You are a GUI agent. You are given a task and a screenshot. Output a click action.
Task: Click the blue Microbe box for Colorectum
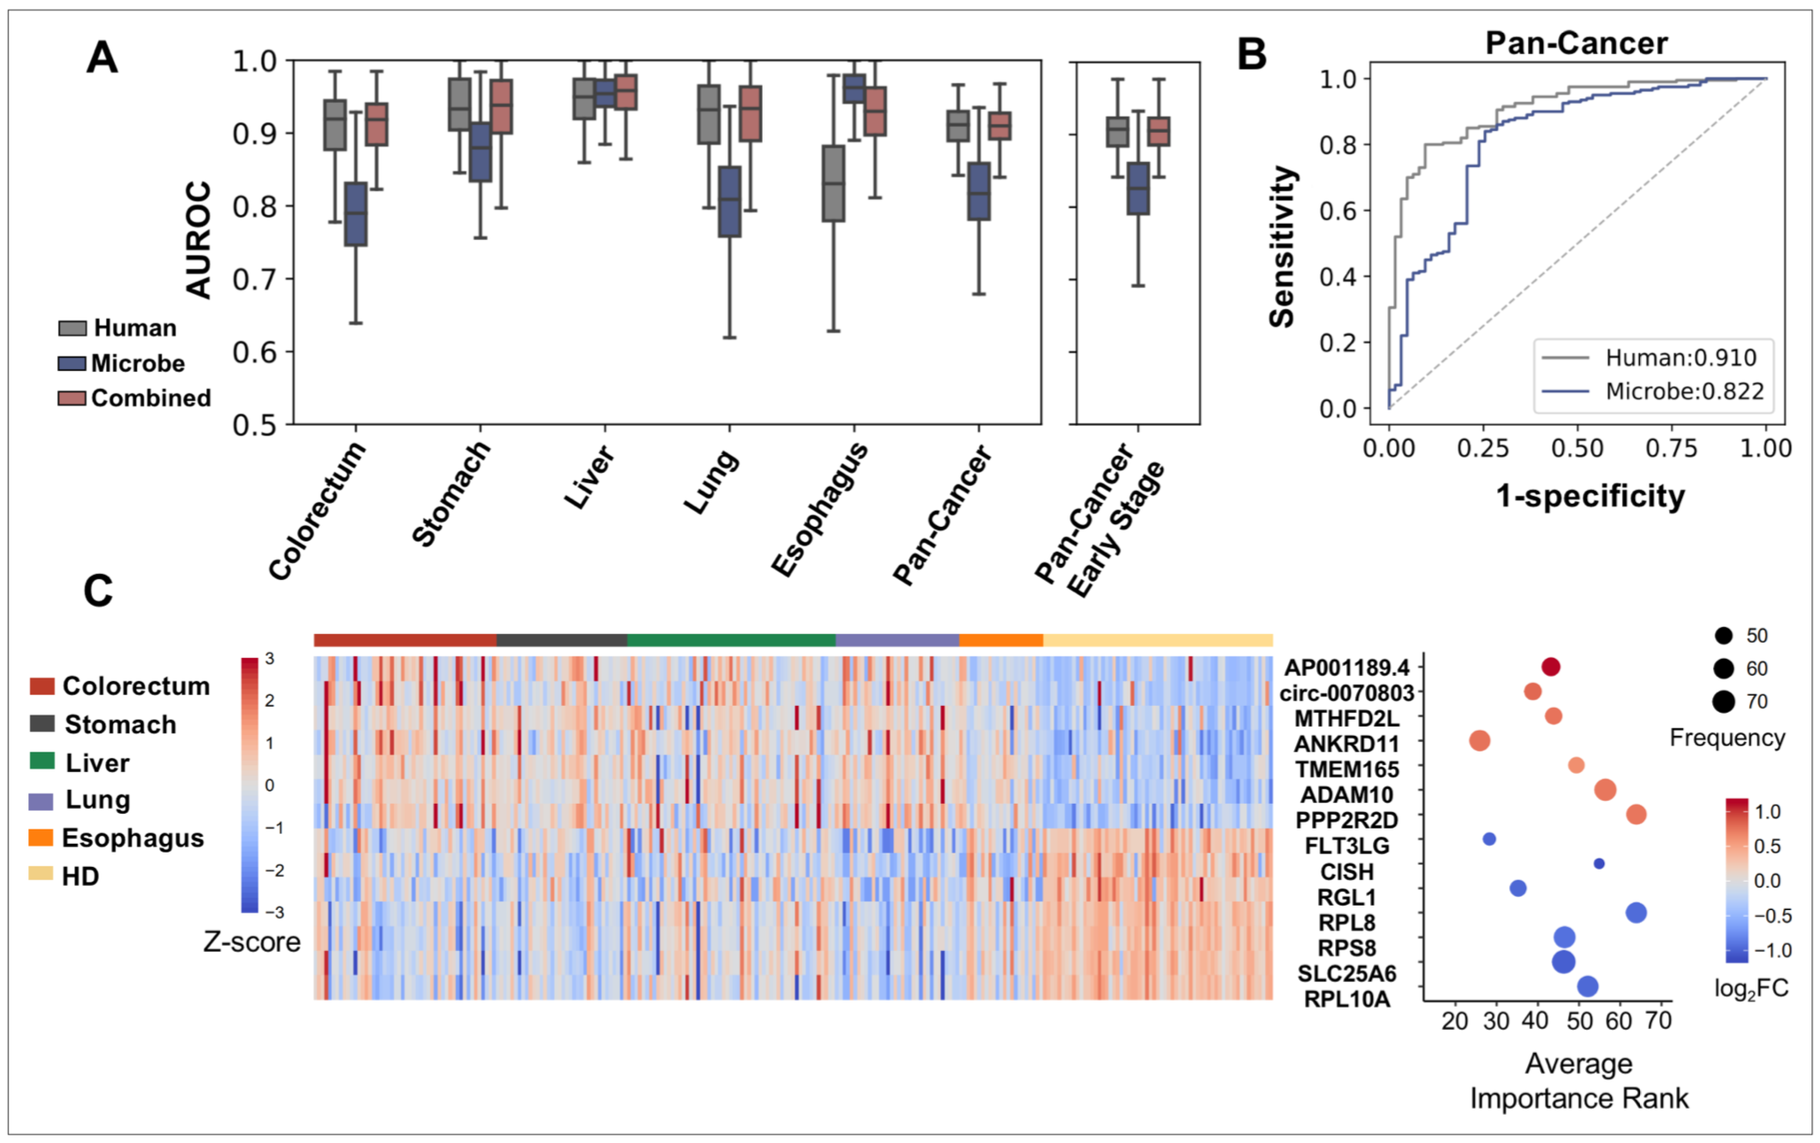pos(356,214)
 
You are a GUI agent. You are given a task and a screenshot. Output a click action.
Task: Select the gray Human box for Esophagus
pos(833,183)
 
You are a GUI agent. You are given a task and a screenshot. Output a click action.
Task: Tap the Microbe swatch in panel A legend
pos(72,363)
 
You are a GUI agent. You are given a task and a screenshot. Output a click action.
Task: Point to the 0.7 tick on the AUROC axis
pos(255,279)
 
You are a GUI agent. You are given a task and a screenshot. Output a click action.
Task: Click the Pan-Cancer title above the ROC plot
pos(1576,43)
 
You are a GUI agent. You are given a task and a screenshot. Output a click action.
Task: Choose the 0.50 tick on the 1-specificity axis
pos(1577,448)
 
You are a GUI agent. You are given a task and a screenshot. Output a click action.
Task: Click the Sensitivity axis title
pos(1282,247)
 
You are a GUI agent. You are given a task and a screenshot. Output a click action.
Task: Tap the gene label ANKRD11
pos(1346,744)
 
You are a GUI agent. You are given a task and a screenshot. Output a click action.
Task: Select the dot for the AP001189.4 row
pos(1550,667)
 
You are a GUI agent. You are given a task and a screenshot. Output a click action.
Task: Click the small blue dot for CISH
pos(1599,864)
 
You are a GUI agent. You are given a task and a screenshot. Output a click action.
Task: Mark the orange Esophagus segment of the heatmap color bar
pos(1001,640)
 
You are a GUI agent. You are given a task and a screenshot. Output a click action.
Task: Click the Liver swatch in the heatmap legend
pos(42,762)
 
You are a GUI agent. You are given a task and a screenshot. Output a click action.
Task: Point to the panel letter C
pos(99,591)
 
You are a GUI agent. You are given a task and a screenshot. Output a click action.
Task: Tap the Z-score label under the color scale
pos(252,943)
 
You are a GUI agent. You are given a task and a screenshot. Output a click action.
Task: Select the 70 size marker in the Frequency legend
pos(1724,702)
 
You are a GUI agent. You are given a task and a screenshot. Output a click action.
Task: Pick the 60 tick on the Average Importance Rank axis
pos(1619,1020)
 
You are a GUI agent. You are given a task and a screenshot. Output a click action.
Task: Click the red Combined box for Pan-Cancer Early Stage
pos(1158,132)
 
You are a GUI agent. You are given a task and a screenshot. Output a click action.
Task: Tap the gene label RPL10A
pos(1346,999)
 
